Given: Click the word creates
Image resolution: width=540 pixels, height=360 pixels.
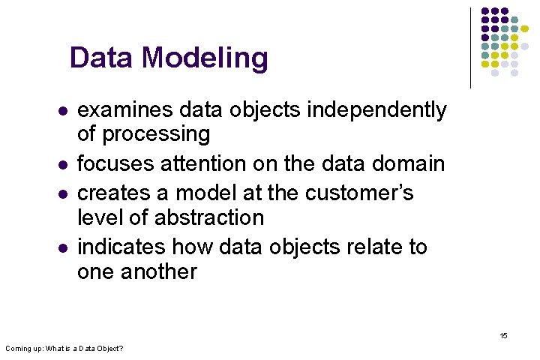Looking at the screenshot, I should (116, 193).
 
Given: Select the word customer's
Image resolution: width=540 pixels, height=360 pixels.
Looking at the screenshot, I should (359, 193).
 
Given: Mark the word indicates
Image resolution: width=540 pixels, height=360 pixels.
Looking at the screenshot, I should (121, 247).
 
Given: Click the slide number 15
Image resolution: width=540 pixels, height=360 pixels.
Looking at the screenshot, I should (503, 335).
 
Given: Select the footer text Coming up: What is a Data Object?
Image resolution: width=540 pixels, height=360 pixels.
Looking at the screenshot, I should (64, 349).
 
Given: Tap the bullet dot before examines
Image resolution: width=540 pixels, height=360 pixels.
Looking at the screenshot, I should (63, 112).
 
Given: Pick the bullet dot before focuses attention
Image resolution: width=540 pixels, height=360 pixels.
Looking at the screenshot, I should (63, 165).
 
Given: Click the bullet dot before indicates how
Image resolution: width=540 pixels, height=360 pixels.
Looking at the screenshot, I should (63, 248).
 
